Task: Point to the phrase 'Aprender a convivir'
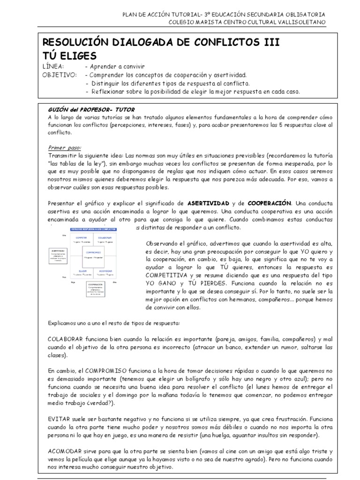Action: [119, 67]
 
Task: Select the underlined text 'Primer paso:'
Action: [64, 147]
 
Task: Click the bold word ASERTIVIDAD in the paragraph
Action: [208, 203]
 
